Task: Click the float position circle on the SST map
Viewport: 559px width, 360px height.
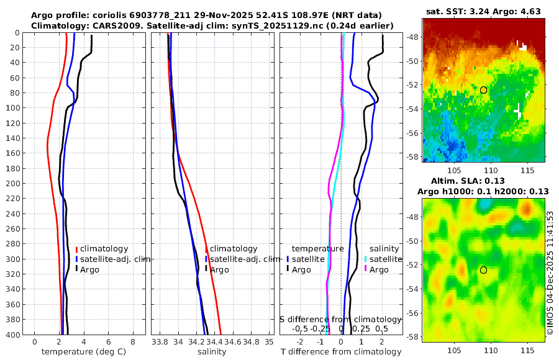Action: pos(483,90)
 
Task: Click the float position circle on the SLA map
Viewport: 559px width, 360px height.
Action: pos(483,270)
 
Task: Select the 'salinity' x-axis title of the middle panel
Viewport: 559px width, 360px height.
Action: pos(211,352)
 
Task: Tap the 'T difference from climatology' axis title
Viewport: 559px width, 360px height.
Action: pos(341,352)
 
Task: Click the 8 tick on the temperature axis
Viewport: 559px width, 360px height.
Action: pos(133,341)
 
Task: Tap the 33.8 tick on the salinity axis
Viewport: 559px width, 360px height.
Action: pos(160,341)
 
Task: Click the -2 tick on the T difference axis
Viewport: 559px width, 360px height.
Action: pos(300,341)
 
